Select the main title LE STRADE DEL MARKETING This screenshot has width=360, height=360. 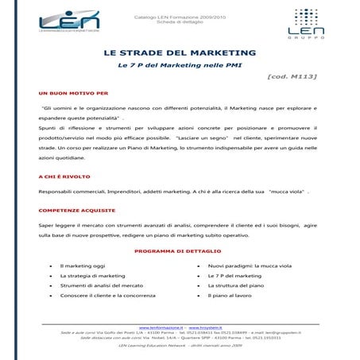tap(180, 52)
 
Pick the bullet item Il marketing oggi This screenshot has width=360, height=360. tap(83, 265)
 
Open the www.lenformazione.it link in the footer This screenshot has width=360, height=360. tap(161, 327)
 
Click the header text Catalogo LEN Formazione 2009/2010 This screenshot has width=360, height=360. tap(180, 15)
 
